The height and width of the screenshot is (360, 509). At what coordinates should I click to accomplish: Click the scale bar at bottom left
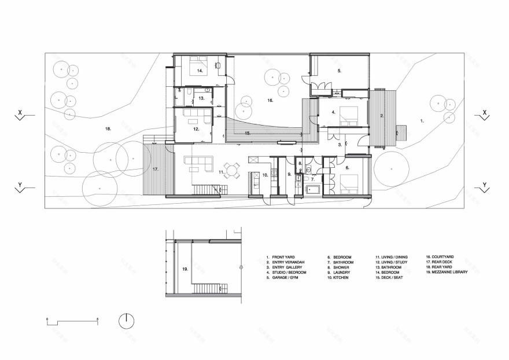click(x=72, y=320)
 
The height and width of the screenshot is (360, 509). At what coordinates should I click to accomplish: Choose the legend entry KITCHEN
click(x=342, y=277)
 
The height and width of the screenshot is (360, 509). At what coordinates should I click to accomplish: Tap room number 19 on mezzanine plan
click(x=185, y=269)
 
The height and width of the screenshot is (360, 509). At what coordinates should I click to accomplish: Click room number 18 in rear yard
click(x=108, y=128)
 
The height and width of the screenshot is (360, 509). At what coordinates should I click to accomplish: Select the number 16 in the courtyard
click(x=270, y=100)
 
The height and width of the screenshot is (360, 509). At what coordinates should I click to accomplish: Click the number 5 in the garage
click(x=340, y=71)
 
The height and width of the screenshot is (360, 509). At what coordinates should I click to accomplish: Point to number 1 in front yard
click(x=422, y=121)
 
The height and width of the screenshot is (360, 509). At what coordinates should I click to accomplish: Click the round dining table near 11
click(x=232, y=170)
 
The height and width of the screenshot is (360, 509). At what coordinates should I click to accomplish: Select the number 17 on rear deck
click(x=155, y=169)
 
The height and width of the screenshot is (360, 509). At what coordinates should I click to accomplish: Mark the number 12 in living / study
click(x=197, y=129)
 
